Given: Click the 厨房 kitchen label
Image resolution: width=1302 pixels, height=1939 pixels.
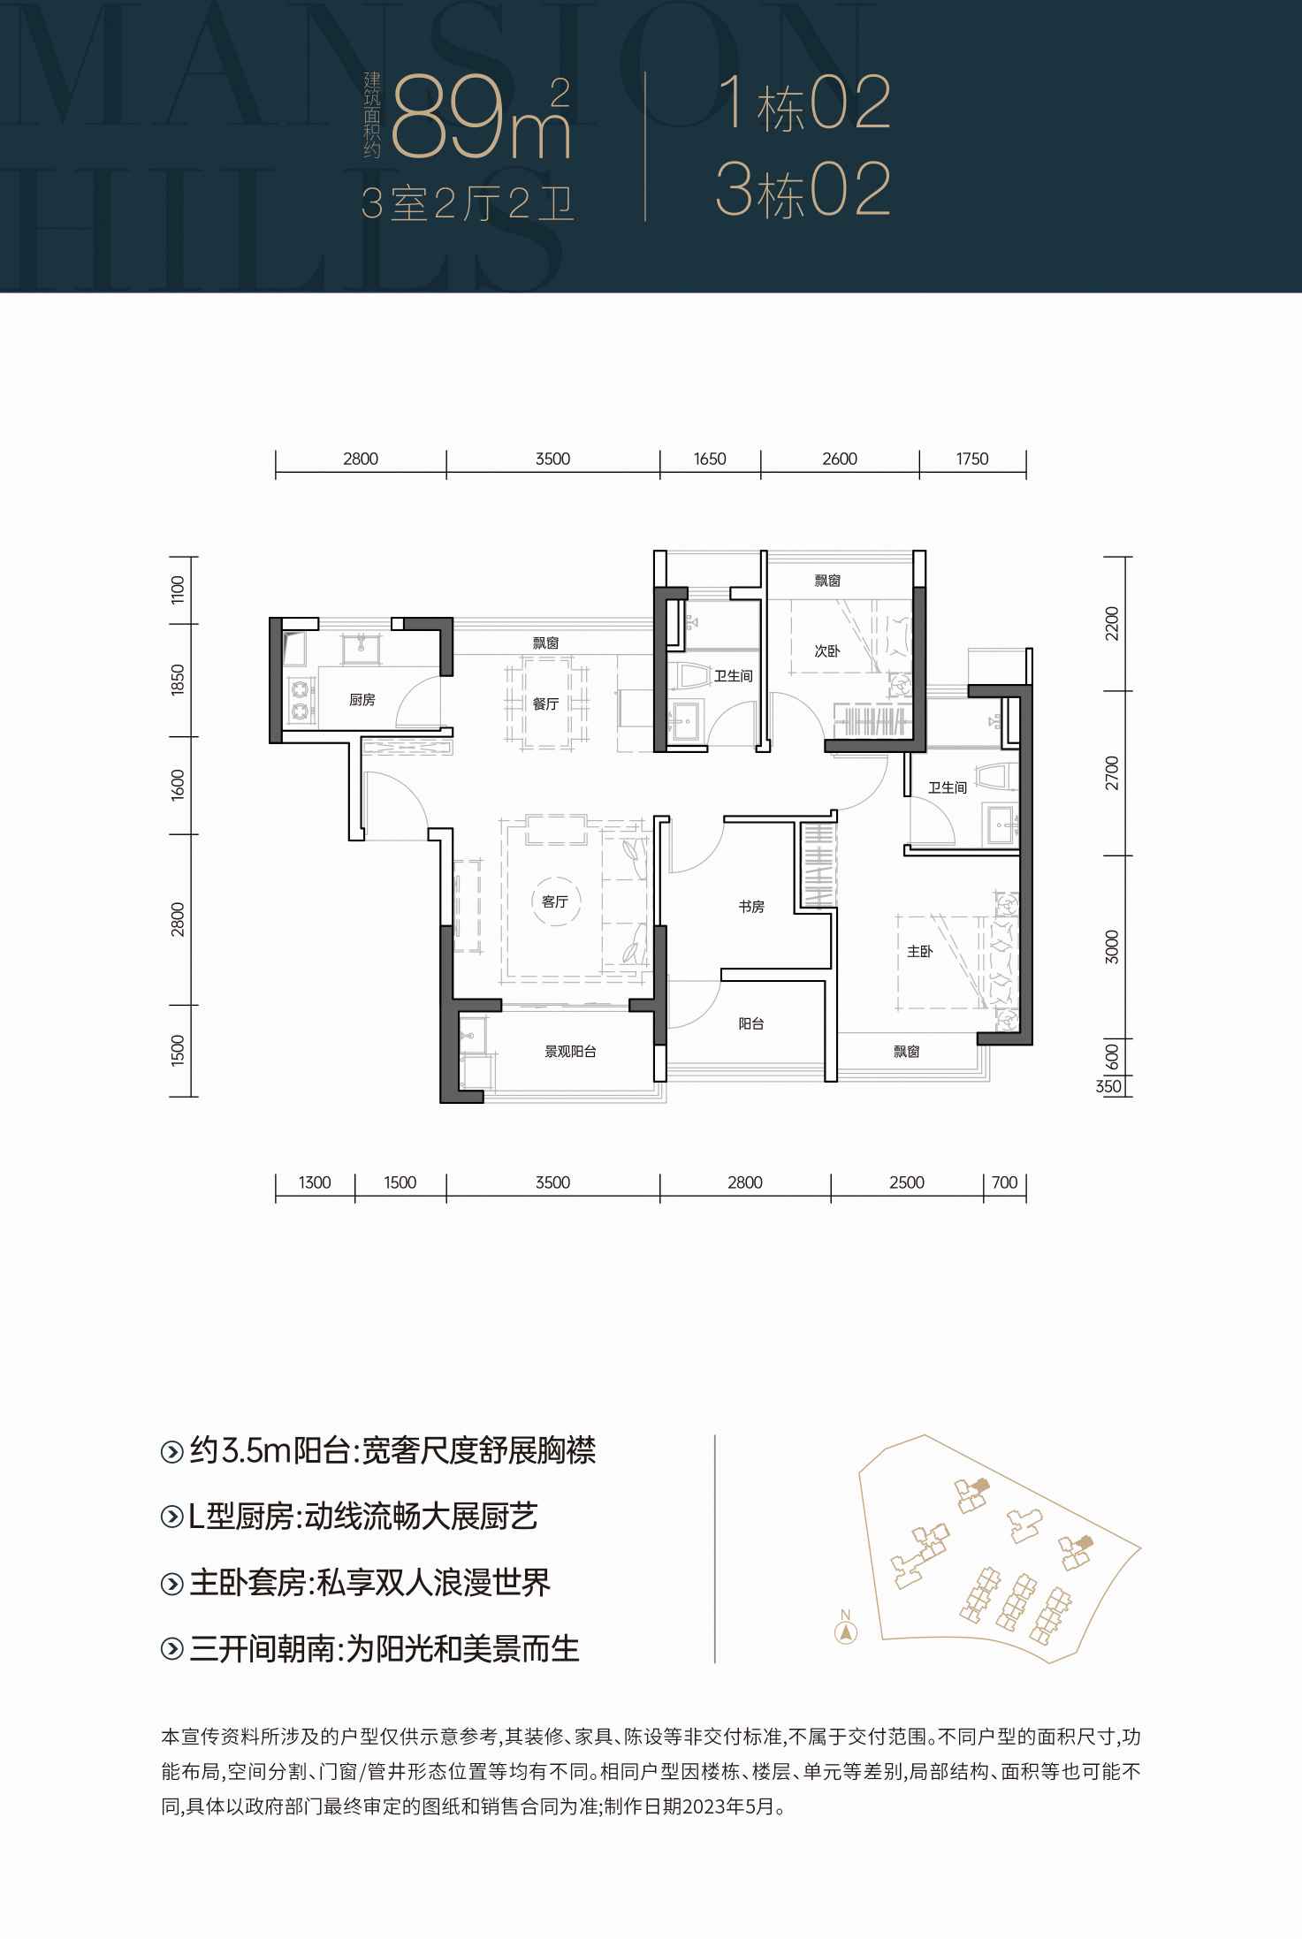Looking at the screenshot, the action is [362, 700].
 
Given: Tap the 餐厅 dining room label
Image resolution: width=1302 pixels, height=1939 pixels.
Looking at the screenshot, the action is [545, 704].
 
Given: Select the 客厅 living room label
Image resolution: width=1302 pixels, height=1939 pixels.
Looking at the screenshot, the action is [554, 901].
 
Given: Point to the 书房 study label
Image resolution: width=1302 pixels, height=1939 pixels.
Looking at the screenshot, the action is [751, 906].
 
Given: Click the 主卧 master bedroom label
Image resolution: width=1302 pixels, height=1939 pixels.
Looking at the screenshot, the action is [919, 952].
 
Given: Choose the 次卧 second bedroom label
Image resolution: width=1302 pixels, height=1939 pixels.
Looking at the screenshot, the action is [827, 651].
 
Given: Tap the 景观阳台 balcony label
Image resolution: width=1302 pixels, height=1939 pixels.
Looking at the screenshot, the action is [570, 1052].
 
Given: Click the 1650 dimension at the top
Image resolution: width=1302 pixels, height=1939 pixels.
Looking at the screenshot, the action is [710, 459].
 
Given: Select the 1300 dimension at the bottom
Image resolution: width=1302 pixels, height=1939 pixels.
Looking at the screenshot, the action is [315, 1182].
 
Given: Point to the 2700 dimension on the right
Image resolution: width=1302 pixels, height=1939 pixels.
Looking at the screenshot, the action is [1112, 772].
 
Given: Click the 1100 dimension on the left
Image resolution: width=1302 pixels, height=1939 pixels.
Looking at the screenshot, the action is [178, 589].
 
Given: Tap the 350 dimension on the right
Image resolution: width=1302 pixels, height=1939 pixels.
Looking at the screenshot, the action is [1108, 1087].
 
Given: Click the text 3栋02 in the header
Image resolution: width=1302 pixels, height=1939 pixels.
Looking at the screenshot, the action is [803, 190].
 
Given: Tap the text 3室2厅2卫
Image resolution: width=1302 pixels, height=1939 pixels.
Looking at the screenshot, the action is [468, 206].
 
